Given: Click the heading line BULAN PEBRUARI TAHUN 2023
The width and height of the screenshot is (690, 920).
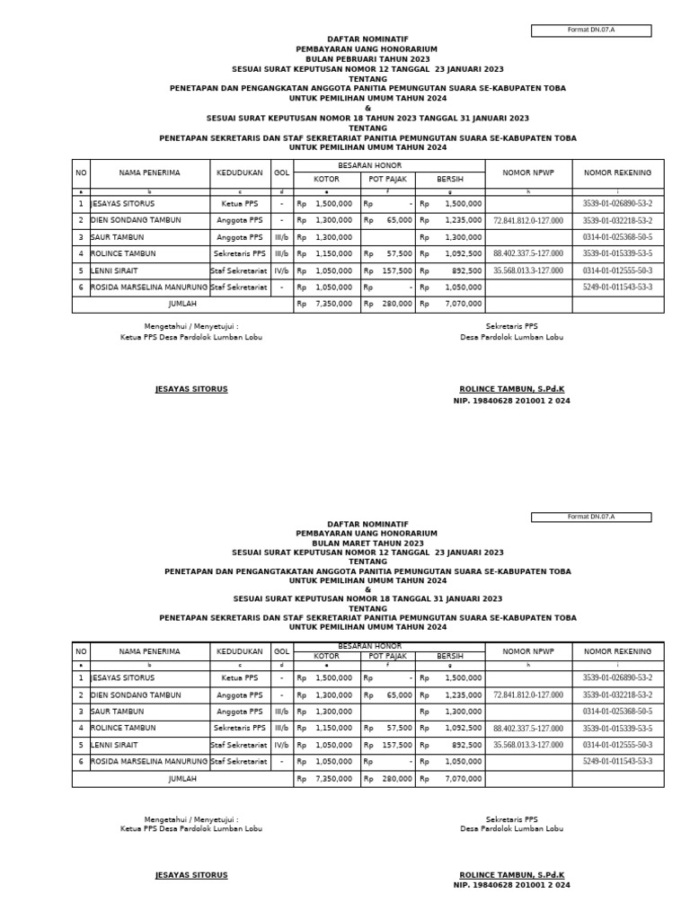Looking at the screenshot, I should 367,59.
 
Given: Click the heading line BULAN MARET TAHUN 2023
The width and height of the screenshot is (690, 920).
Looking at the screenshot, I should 367,544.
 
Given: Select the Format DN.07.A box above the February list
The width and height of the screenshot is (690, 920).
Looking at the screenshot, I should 591,30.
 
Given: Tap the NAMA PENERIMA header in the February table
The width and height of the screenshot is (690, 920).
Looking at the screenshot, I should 149,172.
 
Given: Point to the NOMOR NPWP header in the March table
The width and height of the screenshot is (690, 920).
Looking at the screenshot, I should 528,651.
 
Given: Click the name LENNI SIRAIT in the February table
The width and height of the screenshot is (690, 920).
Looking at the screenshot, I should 115,270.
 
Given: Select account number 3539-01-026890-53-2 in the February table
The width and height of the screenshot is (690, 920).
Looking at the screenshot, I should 617,204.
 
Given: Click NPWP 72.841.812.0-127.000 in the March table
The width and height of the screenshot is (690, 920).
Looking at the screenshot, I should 528,694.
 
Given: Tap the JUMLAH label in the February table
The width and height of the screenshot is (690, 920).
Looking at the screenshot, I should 182,305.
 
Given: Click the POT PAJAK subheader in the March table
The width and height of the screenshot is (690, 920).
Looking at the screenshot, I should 387,656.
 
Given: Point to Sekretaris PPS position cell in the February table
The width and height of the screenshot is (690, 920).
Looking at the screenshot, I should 239,254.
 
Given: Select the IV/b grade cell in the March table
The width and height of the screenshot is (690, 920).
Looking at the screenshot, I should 281,745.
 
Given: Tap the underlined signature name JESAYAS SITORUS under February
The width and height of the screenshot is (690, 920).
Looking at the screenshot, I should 191,389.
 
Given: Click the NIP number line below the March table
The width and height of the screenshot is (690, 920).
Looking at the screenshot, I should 511,885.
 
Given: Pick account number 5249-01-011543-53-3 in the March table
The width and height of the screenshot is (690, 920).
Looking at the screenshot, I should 617,761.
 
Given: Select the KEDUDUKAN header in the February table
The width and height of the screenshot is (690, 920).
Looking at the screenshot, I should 239,172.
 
